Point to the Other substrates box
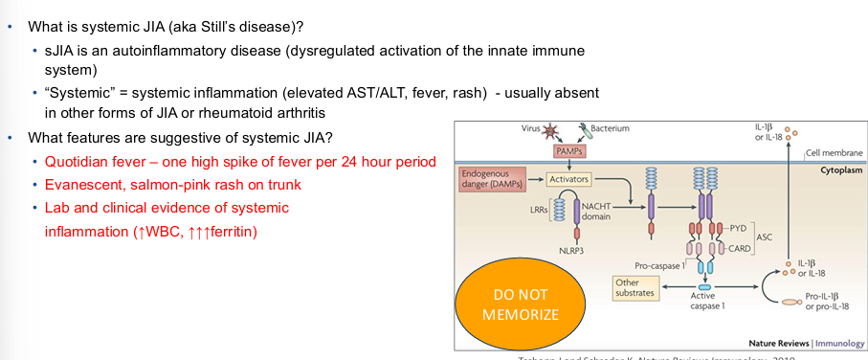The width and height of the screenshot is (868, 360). pyautogui.click(x=636, y=287)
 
